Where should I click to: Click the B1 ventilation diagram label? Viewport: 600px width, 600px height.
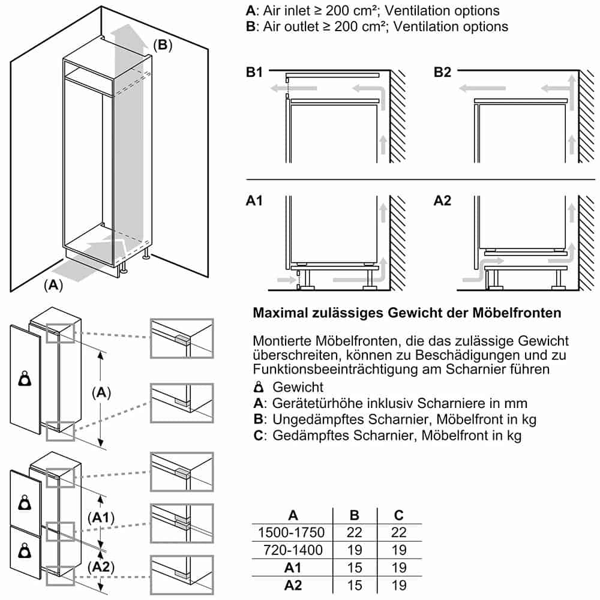click(x=254, y=73)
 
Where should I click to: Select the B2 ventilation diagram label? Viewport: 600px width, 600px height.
click(x=442, y=73)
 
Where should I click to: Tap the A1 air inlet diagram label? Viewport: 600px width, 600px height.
click(x=254, y=201)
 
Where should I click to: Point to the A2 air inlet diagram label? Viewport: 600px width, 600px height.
click(x=442, y=201)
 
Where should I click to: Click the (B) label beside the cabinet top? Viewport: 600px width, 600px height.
click(x=162, y=45)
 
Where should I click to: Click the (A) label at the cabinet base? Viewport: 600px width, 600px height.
click(x=53, y=286)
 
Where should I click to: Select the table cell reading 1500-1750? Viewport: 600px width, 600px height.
click(x=291, y=532)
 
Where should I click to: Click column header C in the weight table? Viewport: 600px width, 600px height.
click(x=399, y=515)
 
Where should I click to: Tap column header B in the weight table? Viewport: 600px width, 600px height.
click(x=355, y=515)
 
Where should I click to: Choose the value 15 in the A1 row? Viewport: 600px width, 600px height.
click(x=355, y=568)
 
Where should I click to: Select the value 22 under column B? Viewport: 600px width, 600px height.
click(x=355, y=532)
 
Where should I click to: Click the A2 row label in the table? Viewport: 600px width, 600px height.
click(x=293, y=585)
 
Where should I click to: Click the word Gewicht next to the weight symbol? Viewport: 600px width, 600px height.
click(x=298, y=387)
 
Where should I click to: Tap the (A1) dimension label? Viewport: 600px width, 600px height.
click(x=100, y=517)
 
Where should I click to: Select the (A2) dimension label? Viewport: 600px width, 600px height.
click(x=100, y=566)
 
